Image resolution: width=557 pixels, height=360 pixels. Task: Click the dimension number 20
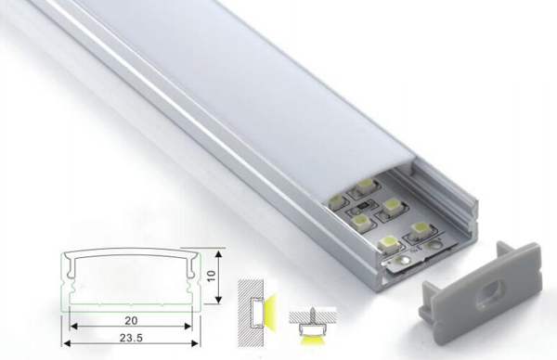coord(131,320)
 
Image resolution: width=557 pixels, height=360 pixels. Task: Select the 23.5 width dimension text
coord(131,338)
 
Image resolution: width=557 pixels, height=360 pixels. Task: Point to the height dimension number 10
coord(211,276)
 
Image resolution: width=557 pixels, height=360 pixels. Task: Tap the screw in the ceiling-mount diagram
coord(313,315)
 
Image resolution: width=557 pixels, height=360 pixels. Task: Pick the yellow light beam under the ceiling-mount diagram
coord(313,341)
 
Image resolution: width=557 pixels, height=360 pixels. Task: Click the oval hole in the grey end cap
coord(489,293)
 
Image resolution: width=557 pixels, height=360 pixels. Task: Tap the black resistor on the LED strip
coord(363,206)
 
